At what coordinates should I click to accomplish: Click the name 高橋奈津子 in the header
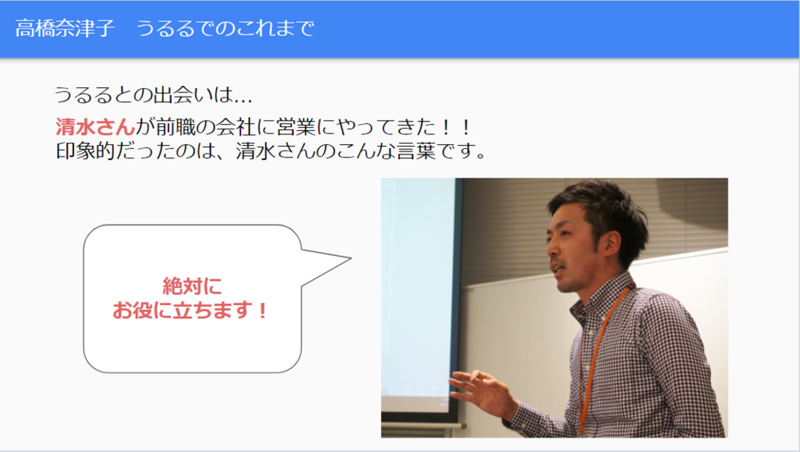click(x=64, y=28)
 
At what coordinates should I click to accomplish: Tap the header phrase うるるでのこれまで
click(x=225, y=28)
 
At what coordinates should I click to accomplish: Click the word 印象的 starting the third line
click(x=86, y=151)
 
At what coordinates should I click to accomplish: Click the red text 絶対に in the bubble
click(x=192, y=287)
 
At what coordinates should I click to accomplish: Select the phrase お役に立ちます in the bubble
click(x=182, y=310)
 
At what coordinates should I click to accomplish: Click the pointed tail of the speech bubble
click(x=351, y=258)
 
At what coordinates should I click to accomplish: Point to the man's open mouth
click(x=556, y=268)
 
